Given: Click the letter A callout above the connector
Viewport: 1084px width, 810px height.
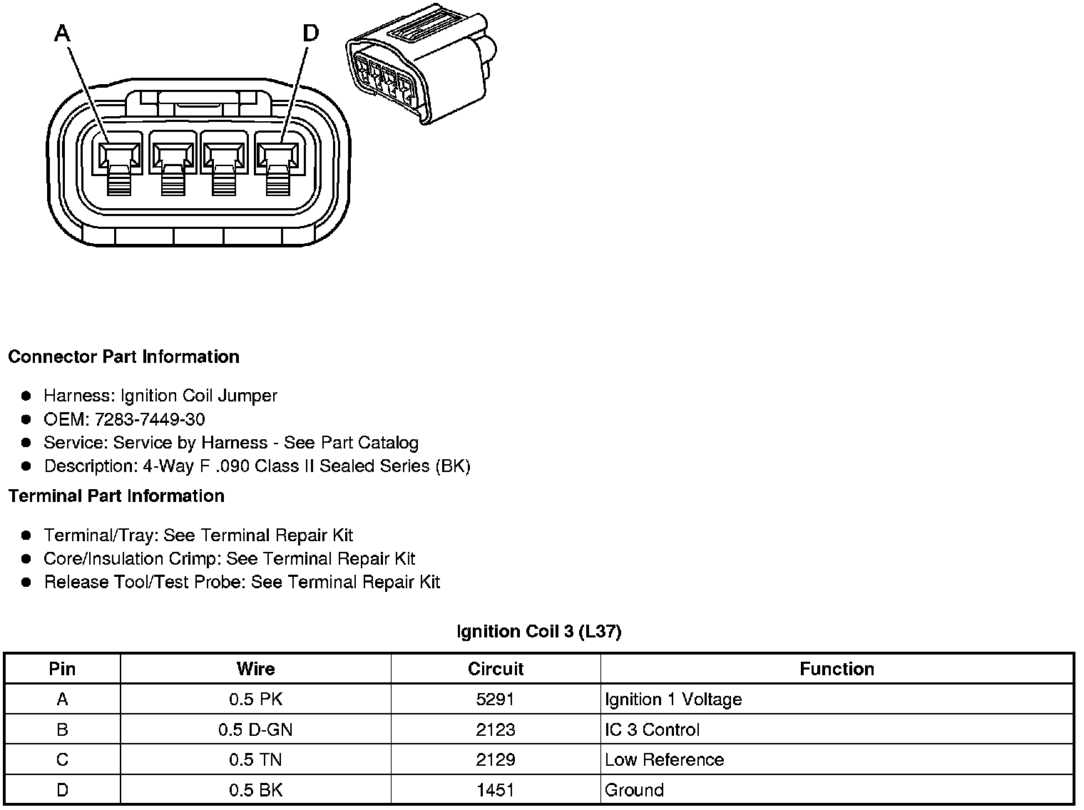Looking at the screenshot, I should coord(63,34).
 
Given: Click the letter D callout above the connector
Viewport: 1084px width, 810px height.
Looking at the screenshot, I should coord(311,34).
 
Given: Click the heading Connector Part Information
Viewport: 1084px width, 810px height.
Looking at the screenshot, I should coord(123,357).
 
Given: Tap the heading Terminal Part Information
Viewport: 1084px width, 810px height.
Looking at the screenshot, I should coord(116,496).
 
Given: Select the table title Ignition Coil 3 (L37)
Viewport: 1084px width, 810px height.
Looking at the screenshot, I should coord(538,631).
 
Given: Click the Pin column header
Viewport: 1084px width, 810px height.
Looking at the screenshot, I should coord(62,669).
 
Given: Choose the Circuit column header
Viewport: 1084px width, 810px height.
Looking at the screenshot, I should coord(496,669).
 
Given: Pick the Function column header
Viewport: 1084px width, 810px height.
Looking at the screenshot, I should coord(837,669).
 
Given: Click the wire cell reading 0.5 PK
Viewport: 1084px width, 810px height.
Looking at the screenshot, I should coord(255,699).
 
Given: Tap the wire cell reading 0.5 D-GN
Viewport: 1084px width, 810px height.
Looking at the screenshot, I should coord(255,729).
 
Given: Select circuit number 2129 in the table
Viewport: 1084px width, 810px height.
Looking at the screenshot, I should coord(496,759).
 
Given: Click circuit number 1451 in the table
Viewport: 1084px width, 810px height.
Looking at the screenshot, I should coord(496,790).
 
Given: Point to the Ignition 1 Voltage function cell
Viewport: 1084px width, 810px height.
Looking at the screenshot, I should coord(673,699).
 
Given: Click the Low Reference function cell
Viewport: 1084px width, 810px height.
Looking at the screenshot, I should coord(664,759).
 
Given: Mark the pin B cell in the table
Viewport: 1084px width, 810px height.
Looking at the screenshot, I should coord(62,729).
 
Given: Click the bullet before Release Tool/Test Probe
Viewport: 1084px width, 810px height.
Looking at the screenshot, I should coord(26,583).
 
